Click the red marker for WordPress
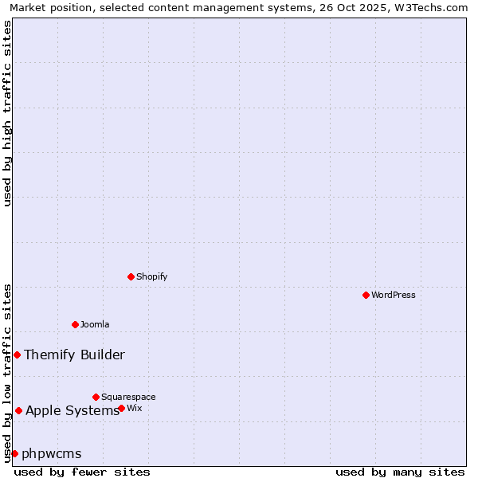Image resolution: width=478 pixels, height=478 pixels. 366,295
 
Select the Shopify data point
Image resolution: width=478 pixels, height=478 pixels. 131,276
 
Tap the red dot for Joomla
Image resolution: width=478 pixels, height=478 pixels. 76,324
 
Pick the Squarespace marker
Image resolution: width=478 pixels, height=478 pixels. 96,397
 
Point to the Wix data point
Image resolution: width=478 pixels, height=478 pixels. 121,408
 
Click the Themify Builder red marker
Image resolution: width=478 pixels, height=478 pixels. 17,355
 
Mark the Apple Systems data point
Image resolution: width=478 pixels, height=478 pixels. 18,410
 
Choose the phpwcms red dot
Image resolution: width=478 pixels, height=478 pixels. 14,453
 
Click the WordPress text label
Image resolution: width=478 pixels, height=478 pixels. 394,295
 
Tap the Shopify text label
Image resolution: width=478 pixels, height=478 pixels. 151,276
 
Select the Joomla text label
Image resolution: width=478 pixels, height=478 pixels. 95,324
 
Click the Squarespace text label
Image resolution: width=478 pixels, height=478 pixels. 128,397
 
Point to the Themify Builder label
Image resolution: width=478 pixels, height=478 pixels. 74,355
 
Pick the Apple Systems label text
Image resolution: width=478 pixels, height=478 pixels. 72,410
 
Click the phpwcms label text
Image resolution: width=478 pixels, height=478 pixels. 52,453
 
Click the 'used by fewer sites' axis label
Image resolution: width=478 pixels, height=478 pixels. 82,472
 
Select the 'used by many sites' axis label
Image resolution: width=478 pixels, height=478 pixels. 400,472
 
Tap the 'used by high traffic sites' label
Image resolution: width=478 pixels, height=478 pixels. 7,113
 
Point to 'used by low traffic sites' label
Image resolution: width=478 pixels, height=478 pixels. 7,372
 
